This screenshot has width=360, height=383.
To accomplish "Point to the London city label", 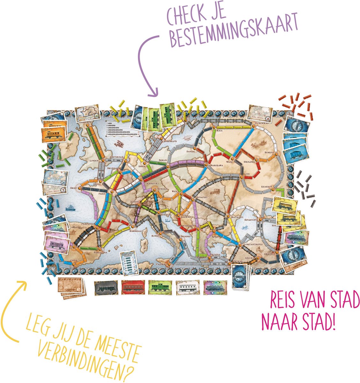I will pyautogui.click(x=95, y=161).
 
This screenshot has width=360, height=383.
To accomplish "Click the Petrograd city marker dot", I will pyautogui.click(x=253, y=126).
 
